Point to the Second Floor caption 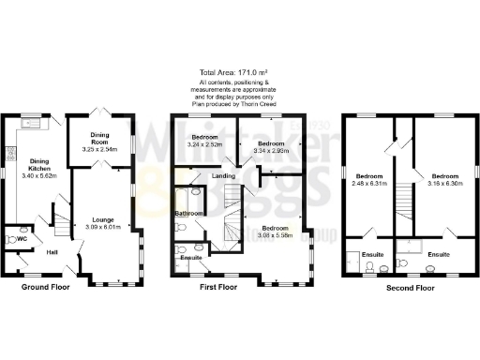[x=410, y=287]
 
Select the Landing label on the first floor [x=224, y=175]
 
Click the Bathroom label [x=188, y=214]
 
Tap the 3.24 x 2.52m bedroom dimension [x=203, y=145]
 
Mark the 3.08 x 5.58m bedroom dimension [x=275, y=234]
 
